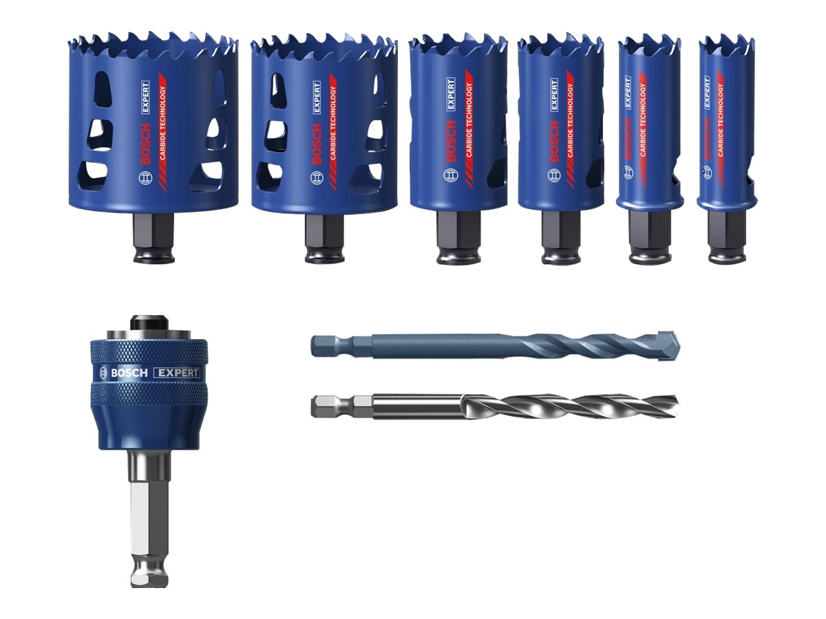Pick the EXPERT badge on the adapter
(x=177, y=373)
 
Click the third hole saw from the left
(x=458, y=124)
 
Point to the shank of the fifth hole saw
(x=649, y=237)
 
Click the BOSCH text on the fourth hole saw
(x=555, y=141)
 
